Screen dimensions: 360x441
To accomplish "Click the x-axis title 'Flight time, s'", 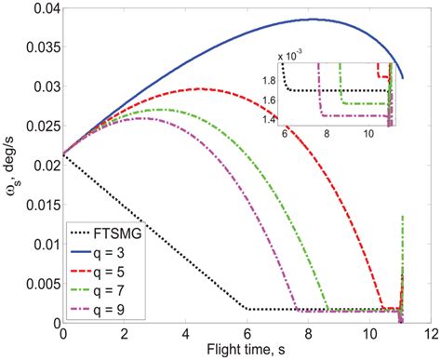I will click(247, 351).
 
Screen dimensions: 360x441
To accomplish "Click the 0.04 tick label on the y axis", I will click(43, 9).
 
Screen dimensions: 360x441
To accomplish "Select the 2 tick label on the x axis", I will click(124, 334).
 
